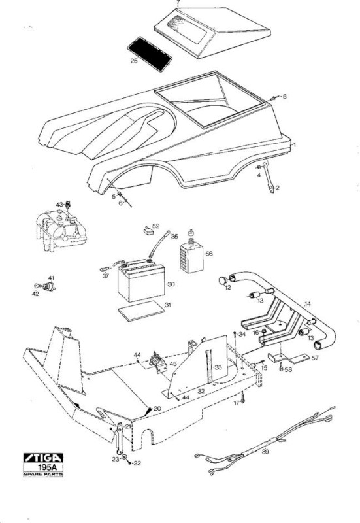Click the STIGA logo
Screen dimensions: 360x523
point(43,458)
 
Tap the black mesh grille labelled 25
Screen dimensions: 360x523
point(150,54)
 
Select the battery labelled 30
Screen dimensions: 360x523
point(141,280)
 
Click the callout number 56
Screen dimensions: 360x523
point(209,254)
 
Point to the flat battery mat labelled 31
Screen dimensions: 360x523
point(142,311)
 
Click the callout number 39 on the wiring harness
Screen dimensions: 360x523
point(265,452)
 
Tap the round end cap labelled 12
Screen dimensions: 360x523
point(223,280)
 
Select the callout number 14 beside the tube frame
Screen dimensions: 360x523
point(307,304)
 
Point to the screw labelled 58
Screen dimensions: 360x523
point(281,367)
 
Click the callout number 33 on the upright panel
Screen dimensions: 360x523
point(218,367)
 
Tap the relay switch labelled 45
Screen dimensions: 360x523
point(159,363)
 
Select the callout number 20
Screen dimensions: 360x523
point(157,408)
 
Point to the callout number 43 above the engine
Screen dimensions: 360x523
point(59,204)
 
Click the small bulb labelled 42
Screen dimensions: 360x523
point(39,286)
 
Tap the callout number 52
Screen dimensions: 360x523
point(156,226)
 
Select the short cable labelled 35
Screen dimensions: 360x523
point(159,244)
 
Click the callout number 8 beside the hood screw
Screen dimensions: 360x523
point(284,96)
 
